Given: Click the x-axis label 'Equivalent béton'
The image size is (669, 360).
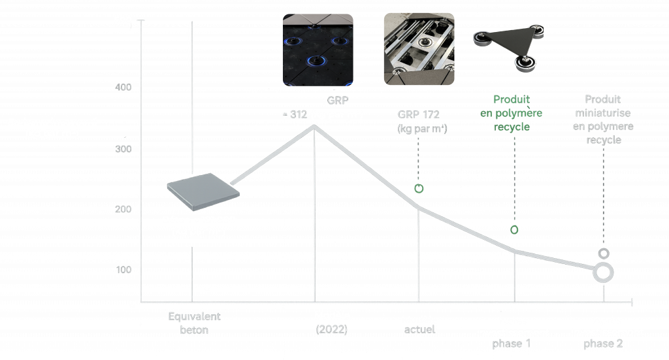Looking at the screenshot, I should pos(195,323).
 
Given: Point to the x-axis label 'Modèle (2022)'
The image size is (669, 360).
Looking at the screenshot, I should pos(332,322).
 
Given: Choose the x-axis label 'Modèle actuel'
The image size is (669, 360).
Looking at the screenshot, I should pos(419,324).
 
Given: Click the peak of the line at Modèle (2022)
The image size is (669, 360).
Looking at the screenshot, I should pos(314,125).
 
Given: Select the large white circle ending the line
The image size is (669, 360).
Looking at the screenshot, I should pos(604,272).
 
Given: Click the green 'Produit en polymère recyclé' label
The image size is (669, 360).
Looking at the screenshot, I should pos(512,113).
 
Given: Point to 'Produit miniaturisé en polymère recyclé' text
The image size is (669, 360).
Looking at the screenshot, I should pos(603,120).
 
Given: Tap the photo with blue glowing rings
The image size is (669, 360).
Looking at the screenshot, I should pos(318,50).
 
